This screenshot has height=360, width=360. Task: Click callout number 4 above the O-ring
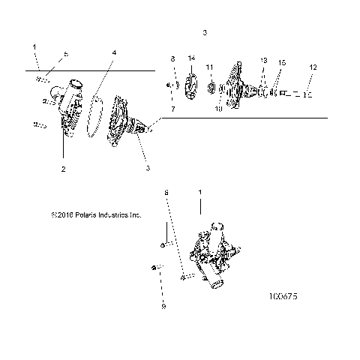(x=114, y=53)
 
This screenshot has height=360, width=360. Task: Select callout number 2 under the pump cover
(x=63, y=169)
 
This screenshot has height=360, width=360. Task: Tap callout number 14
(x=191, y=58)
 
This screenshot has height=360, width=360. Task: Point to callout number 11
(x=210, y=67)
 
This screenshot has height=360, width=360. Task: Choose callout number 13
(x=263, y=60)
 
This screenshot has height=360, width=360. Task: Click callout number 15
(x=282, y=63)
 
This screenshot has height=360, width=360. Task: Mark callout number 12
(x=313, y=67)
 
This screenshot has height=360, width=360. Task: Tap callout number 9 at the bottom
(x=163, y=306)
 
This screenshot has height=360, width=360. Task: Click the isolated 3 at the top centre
(x=205, y=33)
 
